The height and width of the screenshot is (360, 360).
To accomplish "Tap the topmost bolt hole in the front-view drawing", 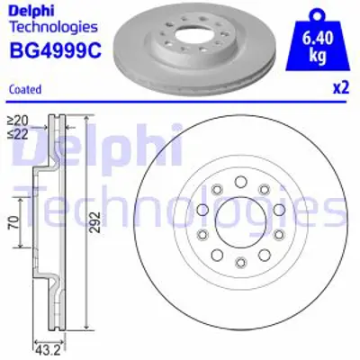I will pyautogui.click(x=239, y=183).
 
